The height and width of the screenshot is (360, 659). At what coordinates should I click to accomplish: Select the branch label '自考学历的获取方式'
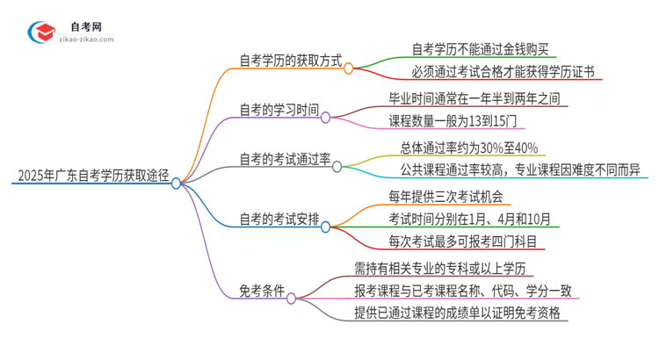(x=290, y=61)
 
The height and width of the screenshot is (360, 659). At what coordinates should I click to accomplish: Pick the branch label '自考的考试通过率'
(x=285, y=160)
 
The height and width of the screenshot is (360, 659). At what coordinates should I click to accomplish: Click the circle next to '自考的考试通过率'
(x=337, y=166)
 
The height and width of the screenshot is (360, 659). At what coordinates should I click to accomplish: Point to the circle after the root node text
(x=177, y=184)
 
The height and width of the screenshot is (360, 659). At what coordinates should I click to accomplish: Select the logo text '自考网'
(x=84, y=27)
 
